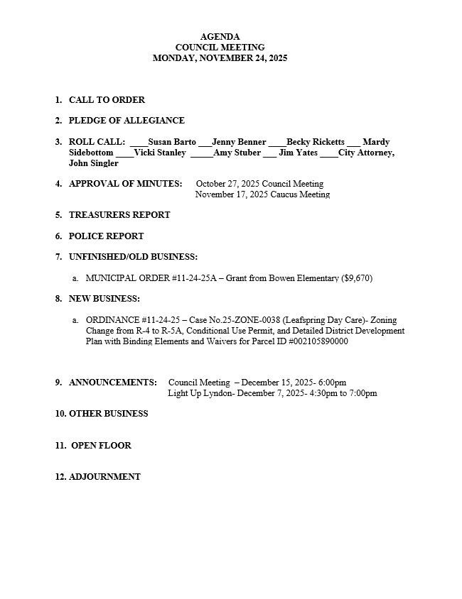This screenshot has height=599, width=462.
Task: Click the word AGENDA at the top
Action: coord(220,37)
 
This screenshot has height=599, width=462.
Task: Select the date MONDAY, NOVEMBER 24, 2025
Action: coord(220,58)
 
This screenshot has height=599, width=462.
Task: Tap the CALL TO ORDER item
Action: coord(107,100)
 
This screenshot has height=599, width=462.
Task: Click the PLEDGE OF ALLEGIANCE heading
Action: coord(127,121)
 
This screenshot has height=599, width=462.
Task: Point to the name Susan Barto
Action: coord(172,142)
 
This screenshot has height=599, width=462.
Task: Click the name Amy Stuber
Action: coord(237,153)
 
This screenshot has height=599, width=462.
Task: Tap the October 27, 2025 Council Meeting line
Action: coord(259,184)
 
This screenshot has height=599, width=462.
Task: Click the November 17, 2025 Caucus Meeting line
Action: coord(262,194)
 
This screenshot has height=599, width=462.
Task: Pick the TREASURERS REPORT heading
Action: coord(119,215)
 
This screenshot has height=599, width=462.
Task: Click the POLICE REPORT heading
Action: coord(106,236)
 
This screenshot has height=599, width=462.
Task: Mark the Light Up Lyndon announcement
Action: coord(272,393)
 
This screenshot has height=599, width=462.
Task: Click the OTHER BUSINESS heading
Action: coord(108,414)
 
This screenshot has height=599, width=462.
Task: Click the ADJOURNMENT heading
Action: coord(104,477)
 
